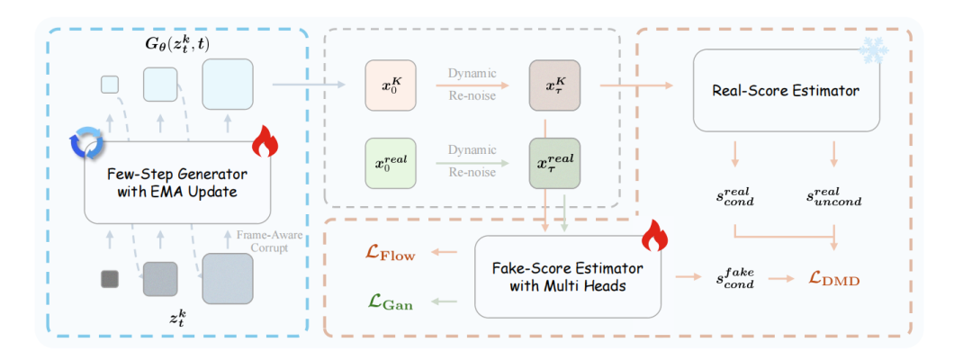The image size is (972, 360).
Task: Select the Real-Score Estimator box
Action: click(786, 90)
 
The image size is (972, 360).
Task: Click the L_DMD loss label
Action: click(834, 280)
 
